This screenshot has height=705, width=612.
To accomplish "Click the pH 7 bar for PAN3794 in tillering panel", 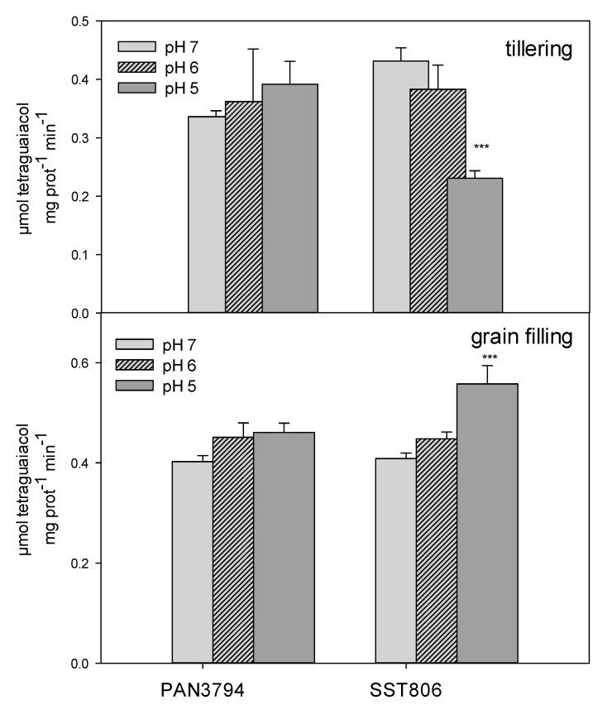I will (206, 214).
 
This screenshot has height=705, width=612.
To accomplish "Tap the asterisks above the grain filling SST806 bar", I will (489, 357).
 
